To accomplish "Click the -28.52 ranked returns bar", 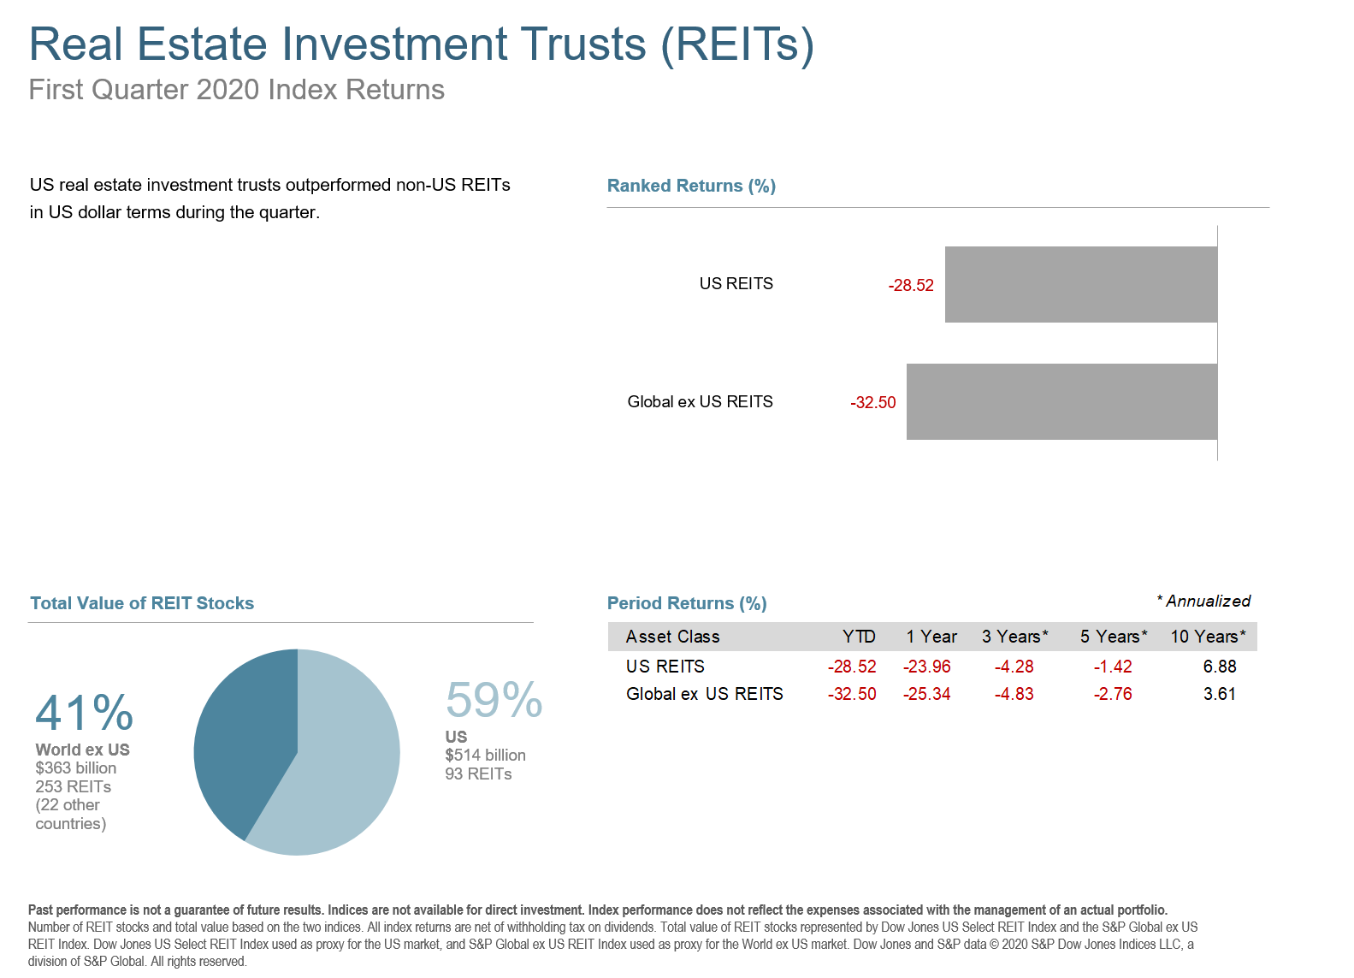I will (1080, 285).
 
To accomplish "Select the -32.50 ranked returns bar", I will (1061, 402).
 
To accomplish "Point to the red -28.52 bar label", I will (911, 286).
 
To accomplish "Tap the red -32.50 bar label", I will (873, 403).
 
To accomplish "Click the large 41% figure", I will (85, 713).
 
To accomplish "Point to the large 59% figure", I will (494, 701).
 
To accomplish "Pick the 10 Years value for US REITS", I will (1219, 667).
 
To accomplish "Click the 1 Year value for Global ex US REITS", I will (926, 694).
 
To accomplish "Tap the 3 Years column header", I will (1014, 637).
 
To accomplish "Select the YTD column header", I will (858, 637).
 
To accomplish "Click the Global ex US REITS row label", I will (704, 694).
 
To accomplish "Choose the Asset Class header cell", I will (672, 637).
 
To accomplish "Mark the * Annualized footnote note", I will (1203, 602).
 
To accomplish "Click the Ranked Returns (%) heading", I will (691, 186).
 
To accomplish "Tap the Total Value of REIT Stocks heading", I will (142, 603).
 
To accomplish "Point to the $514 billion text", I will (485, 756).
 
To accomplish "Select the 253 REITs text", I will (74, 786).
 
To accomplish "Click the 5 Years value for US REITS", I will (1112, 667).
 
